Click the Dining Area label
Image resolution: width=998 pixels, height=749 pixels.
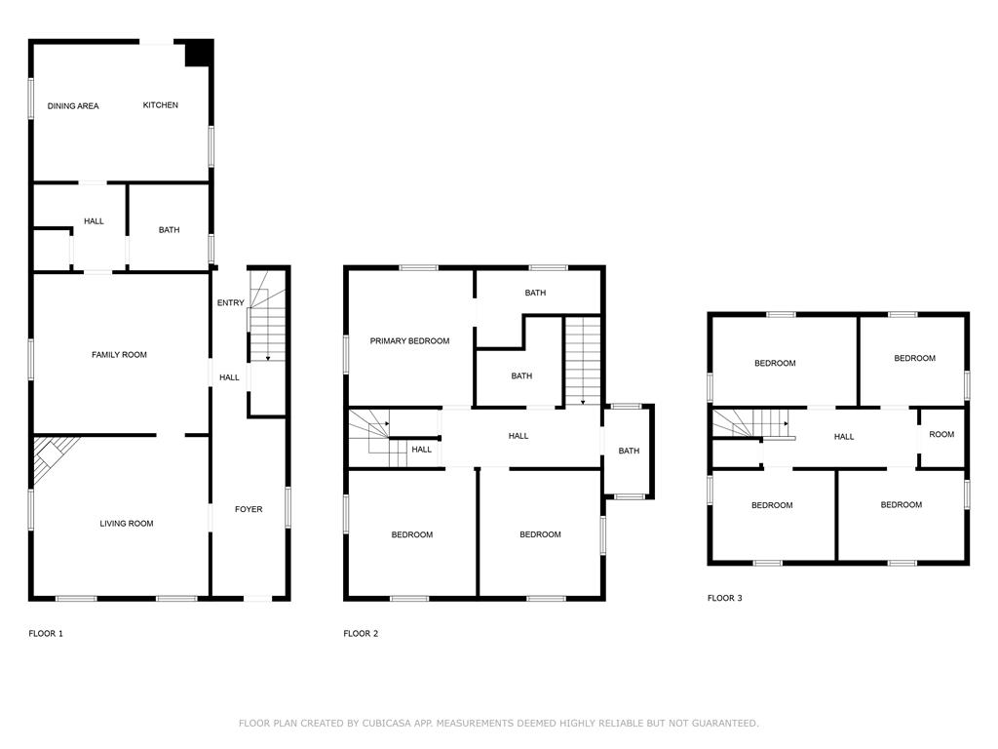(73, 105)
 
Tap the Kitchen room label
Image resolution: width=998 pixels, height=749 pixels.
(161, 105)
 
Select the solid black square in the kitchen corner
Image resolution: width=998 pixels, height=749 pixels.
(199, 53)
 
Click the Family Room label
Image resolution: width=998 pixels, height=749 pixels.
(119, 354)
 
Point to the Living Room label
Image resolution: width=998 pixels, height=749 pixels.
(127, 524)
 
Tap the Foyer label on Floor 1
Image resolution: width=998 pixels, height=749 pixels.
(249, 509)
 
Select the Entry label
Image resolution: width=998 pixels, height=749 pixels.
(231, 302)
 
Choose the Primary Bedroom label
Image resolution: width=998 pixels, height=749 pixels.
(409, 340)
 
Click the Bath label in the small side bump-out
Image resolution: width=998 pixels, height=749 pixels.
(629, 451)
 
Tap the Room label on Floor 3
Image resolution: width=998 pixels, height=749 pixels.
(941, 434)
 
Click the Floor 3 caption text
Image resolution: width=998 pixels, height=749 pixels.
(724, 598)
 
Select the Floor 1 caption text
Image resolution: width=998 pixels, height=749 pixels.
(46, 633)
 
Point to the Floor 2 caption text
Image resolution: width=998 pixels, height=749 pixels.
(361, 633)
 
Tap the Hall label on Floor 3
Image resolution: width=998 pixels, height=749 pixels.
(844, 436)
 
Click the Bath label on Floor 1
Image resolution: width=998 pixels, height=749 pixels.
(170, 230)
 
